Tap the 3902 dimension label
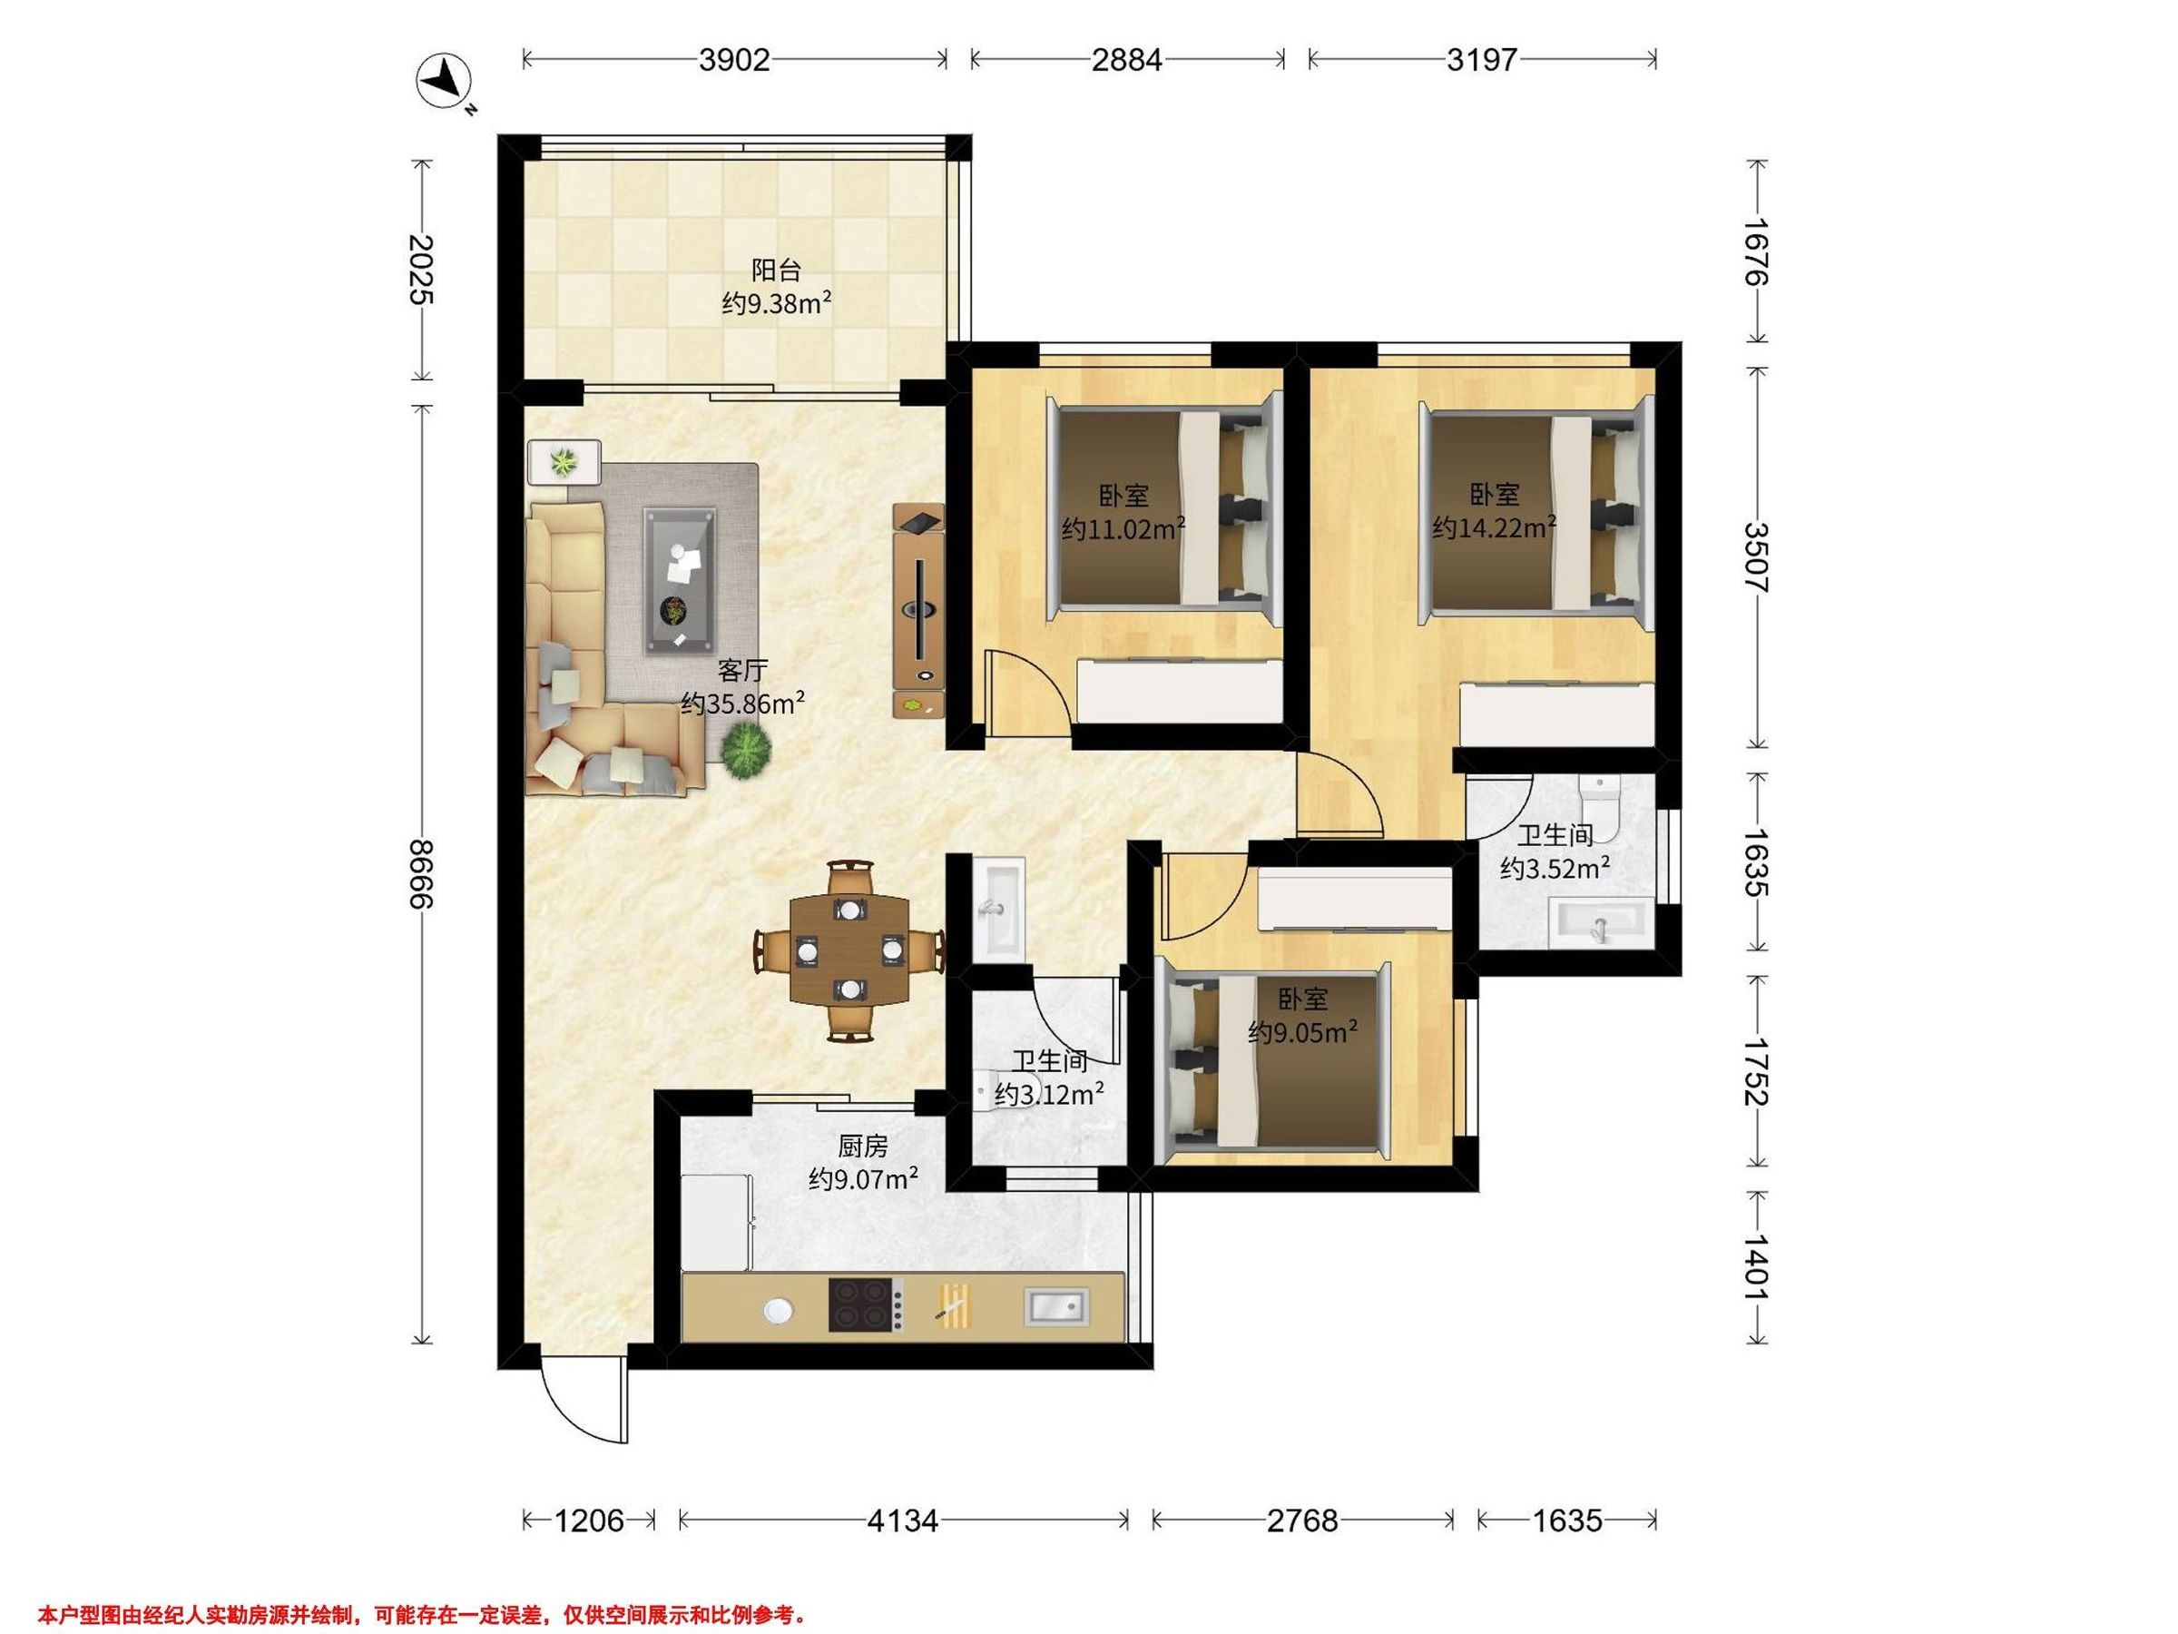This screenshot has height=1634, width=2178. point(733,60)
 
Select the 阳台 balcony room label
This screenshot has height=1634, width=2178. point(776,270)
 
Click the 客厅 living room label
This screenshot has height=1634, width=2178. point(742,671)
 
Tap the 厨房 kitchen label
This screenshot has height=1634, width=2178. point(864,1146)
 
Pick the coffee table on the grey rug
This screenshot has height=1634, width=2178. point(681,580)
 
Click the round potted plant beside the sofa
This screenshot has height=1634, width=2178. point(745,753)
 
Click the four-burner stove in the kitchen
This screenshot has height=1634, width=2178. point(866,1305)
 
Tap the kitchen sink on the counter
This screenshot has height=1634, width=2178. point(1056,1306)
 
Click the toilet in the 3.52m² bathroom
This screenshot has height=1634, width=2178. point(1598,808)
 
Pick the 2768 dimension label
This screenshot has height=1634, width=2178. point(1301,1521)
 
